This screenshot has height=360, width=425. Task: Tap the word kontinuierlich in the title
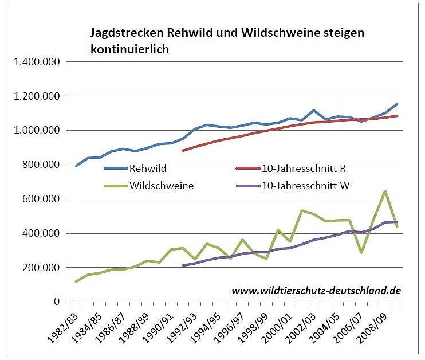pyautogui.click(x=129, y=49)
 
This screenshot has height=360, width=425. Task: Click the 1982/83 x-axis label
pyautogui.click(x=64, y=328)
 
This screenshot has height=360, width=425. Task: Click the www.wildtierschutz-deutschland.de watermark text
pyautogui.click(x=316, y=291)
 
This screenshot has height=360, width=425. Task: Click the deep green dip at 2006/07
pyautogui.click(x=362, y=252)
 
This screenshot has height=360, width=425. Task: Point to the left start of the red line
pyautogui.click(x=183, y=151)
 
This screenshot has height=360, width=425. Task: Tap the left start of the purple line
pyautogui.click(x=183, y=265)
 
